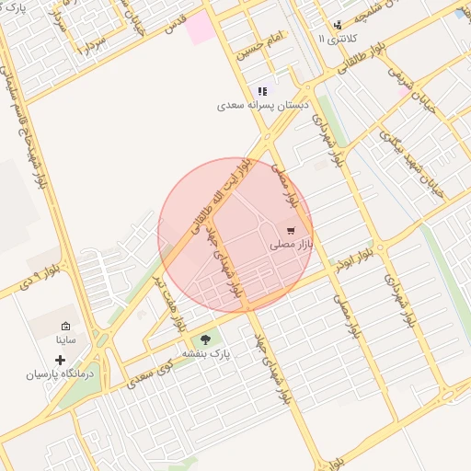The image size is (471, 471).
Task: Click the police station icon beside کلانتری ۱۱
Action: click(x=339, y=25)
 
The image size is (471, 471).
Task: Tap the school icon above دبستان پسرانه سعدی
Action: click(x=262, y=91)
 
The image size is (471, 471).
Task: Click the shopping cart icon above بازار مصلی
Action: click(x=292, y=231)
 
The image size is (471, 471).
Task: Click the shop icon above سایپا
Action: click(x=66, y=326)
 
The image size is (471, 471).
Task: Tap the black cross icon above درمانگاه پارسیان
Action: click(x=61, y=359)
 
